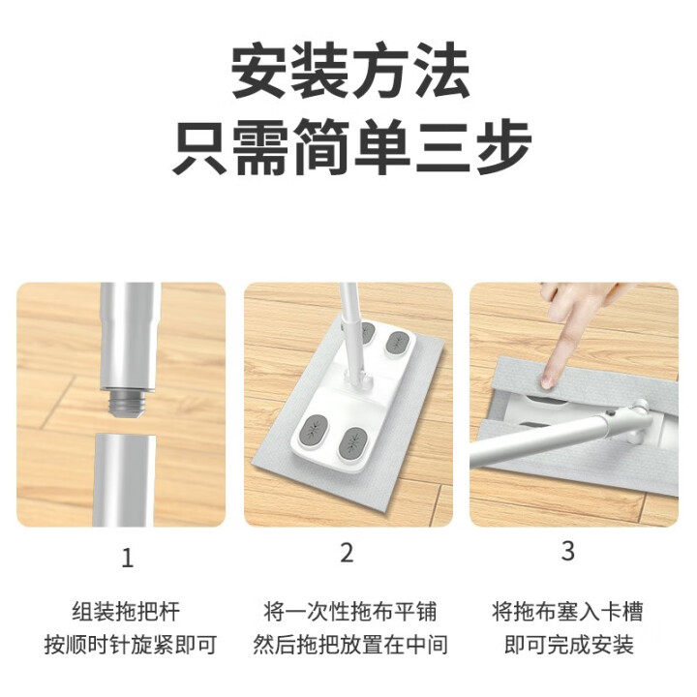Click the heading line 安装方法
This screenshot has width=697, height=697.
tap(349, 73)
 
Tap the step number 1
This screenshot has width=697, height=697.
tap(126, 558)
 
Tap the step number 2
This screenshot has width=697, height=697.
tap(348, 553)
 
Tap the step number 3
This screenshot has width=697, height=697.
tap(568, 551)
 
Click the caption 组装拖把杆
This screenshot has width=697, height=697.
tap(126, 612)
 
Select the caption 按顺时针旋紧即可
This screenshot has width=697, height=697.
tap(126, 645)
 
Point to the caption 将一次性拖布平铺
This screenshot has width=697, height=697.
tap(348, 612)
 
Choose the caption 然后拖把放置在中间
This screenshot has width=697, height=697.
tap(348, 645)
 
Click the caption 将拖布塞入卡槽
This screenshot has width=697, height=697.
tap(568, 612)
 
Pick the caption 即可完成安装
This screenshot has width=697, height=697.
tap(568, 645)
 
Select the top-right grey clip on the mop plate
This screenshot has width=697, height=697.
tap(399, 343)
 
